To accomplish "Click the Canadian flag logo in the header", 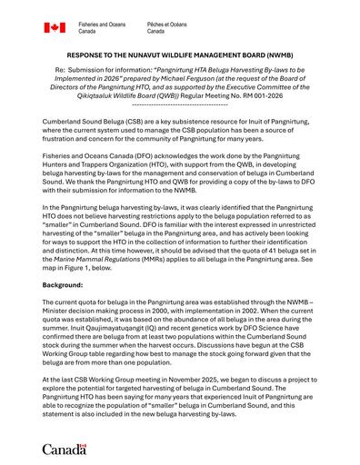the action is click(x=54, y=27).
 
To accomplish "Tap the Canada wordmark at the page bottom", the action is click(x=65, y=448).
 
